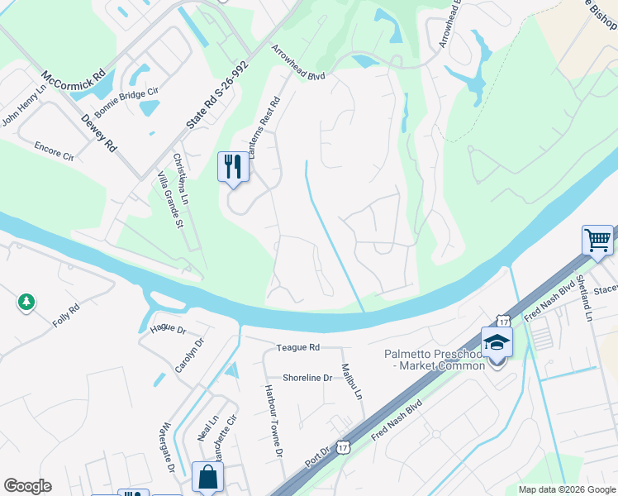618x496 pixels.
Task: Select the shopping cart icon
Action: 597,241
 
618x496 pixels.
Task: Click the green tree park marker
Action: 26,303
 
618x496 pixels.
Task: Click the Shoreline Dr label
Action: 307,378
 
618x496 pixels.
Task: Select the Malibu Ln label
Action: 352,384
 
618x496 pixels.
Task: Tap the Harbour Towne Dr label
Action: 273,421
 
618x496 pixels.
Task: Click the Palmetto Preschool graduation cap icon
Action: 497,342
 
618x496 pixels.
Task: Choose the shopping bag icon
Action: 207,477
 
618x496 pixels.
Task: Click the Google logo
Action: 27,486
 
